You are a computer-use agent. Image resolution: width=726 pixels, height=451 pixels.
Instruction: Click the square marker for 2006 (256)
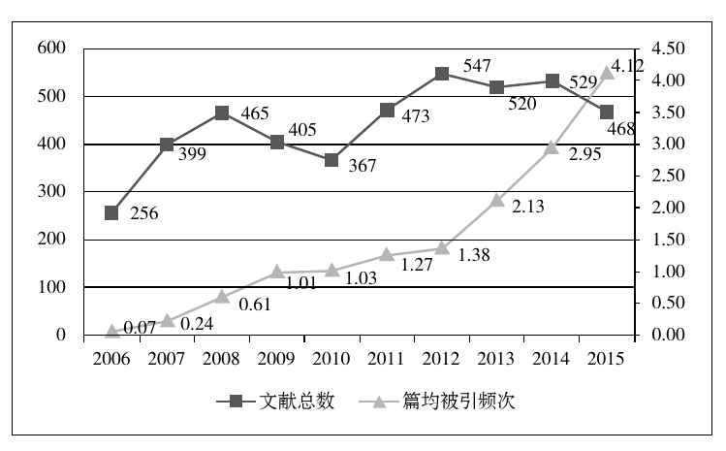[111, 213]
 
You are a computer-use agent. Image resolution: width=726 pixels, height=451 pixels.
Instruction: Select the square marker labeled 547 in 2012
[442, 74]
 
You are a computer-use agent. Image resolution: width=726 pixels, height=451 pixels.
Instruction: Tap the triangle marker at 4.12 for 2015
[607, 73]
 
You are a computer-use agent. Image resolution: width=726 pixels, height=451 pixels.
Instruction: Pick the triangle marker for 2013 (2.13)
[497, 200]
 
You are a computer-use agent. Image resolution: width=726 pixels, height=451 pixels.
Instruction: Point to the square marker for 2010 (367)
[331, 160]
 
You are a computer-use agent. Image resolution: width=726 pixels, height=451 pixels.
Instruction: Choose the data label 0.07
[141, 328]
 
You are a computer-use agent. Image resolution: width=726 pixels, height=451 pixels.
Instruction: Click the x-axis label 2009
[276, 360]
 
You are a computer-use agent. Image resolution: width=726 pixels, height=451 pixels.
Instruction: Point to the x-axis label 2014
[552, 360]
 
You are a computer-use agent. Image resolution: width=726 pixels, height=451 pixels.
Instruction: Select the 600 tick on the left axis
[51, 48]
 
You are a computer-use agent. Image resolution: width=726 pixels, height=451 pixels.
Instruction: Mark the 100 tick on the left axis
[51, 287]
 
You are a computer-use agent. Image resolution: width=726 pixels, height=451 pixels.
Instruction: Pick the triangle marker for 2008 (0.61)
[222, 297]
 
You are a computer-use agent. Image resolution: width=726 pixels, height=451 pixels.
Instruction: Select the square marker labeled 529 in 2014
[552, 81]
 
